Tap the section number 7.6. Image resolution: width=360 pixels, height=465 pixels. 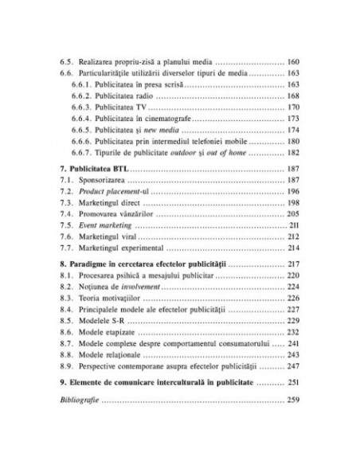67,237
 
